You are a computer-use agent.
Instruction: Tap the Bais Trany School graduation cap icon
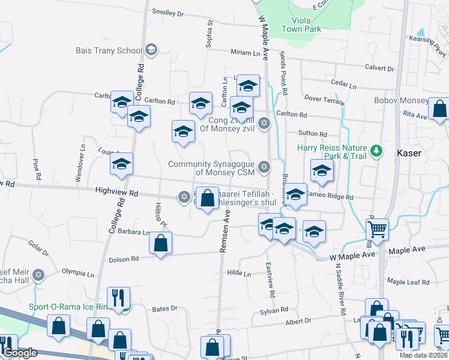[151, 50]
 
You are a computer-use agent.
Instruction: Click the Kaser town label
[409, 153]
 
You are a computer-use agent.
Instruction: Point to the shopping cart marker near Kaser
[378, 229]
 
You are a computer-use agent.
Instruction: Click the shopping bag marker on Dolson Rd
[160, 243]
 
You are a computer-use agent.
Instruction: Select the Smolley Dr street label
[167, 13]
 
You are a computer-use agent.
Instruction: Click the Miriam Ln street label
[249, 53]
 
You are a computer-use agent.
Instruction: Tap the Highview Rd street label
[116, 193]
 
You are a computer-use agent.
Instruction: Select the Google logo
[19, 353]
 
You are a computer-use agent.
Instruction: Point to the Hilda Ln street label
[239, 274]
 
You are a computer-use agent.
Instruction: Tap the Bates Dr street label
[165, 308]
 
